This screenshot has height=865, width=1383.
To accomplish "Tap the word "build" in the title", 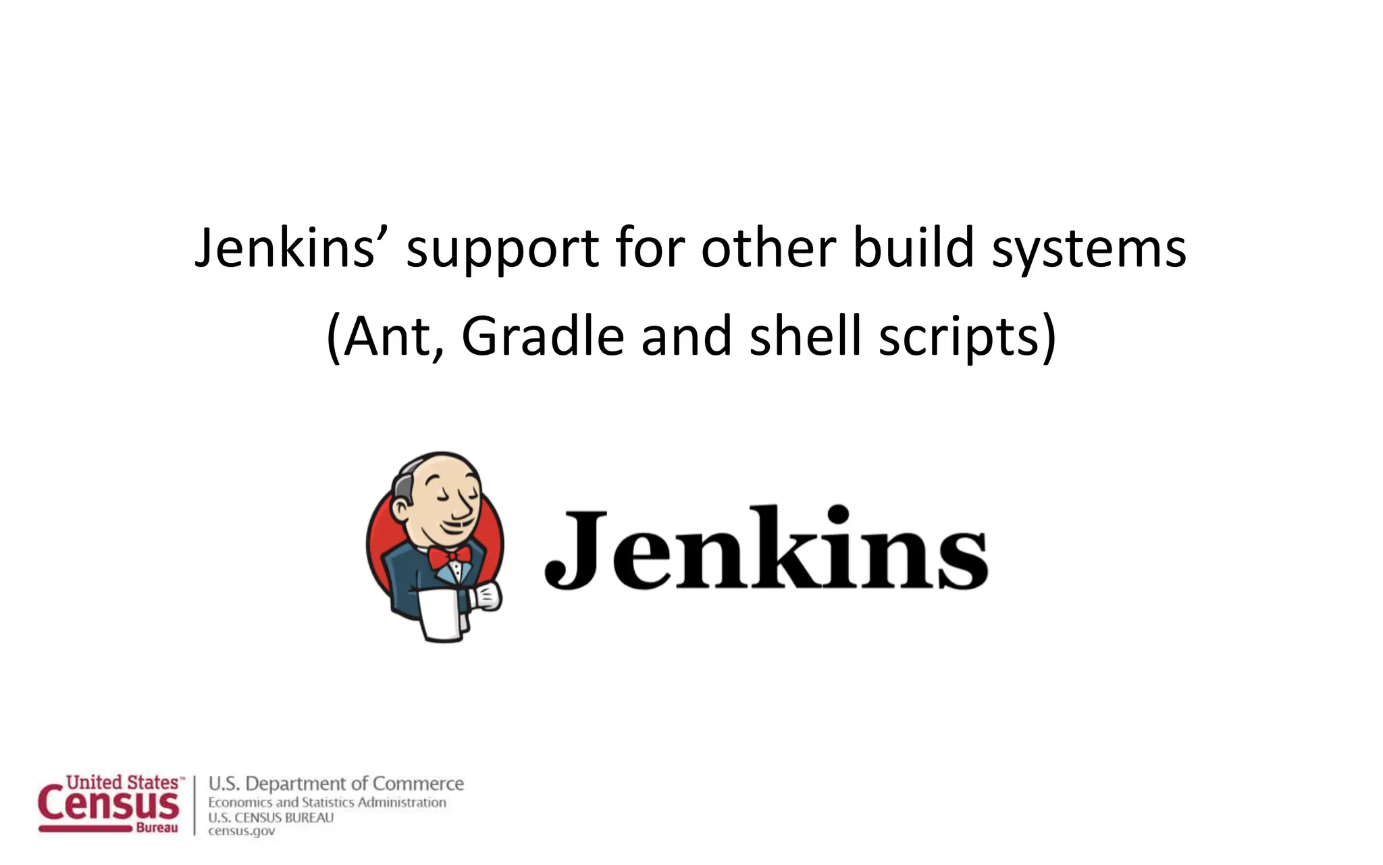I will tap(913, 247).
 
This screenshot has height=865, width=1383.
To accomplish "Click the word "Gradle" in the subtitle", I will tap(542, 337).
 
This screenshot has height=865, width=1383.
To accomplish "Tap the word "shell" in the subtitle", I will tap(806, 337).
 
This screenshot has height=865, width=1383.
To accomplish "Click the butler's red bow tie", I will tap(449, 556).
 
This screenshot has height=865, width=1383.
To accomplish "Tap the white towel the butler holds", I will tap(440, 615).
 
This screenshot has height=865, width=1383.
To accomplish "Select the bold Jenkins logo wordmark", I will tap(766, 549).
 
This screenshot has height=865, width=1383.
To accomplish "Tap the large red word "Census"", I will tap(108, 806).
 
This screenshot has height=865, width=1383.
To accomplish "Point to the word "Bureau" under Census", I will tap(157, 828).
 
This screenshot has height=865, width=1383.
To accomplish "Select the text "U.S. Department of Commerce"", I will tap(336, 784).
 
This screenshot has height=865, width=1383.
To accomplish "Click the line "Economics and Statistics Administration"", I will tap(327, 803).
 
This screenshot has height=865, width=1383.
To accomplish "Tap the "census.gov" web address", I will tap(241, 831).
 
